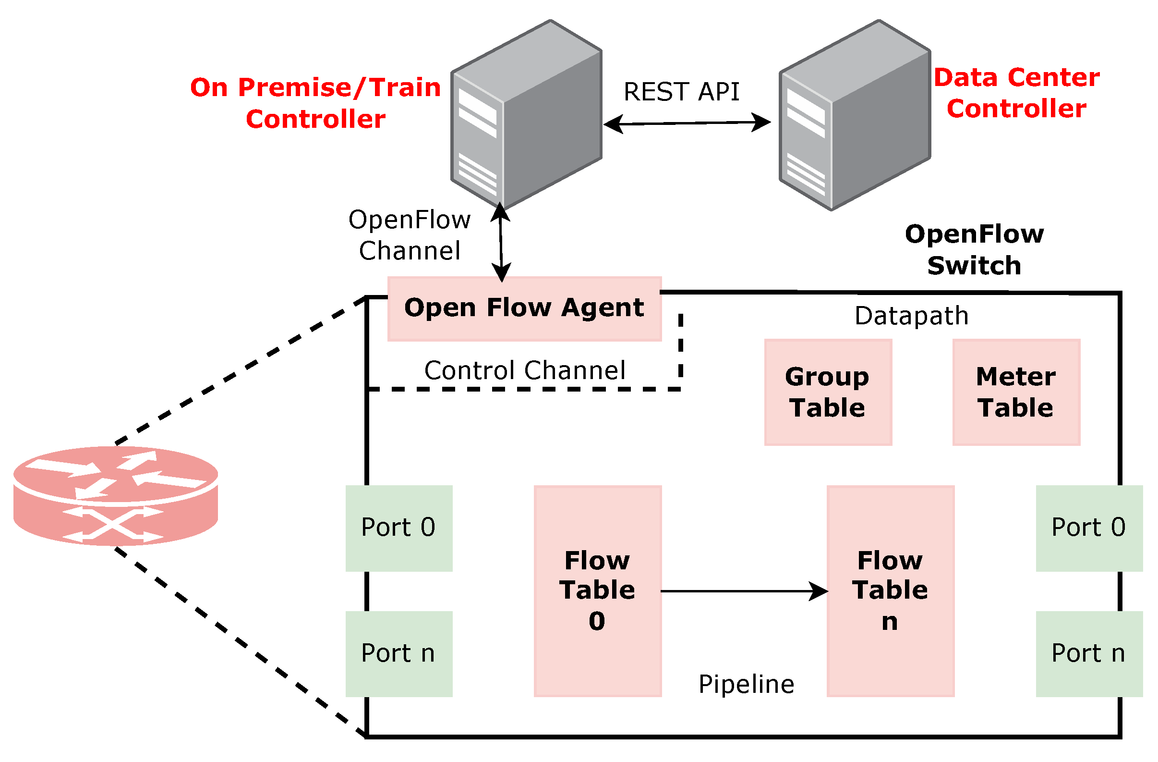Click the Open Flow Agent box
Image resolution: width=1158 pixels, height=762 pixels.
point(524,309)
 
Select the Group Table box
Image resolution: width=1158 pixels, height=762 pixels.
point(828,393)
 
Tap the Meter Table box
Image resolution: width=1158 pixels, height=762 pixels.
point(1016,393)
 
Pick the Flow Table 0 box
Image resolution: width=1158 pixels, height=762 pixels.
point(598,591)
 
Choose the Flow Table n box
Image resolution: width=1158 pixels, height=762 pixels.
point(890,591)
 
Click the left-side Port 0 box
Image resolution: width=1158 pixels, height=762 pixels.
point(398,528)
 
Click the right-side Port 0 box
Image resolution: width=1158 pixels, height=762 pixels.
point(1088,528)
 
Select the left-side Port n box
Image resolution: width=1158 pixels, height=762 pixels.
point(398,654)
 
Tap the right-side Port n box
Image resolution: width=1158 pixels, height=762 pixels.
point(1088,654)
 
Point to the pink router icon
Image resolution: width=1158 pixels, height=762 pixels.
point(116,496)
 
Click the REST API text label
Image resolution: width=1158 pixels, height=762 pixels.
point(681,92)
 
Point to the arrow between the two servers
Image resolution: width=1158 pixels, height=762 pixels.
point(687,123)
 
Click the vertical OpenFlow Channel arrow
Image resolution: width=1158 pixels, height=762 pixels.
point(501,242)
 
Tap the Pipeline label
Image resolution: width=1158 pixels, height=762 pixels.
point(747,684)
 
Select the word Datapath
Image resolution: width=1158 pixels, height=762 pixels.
point(911,316)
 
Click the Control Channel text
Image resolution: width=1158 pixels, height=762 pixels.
point(524,370)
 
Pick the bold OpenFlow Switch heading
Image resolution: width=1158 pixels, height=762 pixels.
point(974,250)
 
